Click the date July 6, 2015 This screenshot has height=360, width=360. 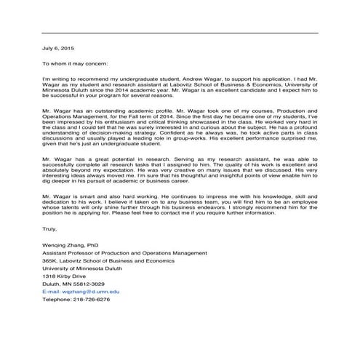(x=57, y=47)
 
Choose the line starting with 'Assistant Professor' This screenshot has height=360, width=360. (x=124, y=253)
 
